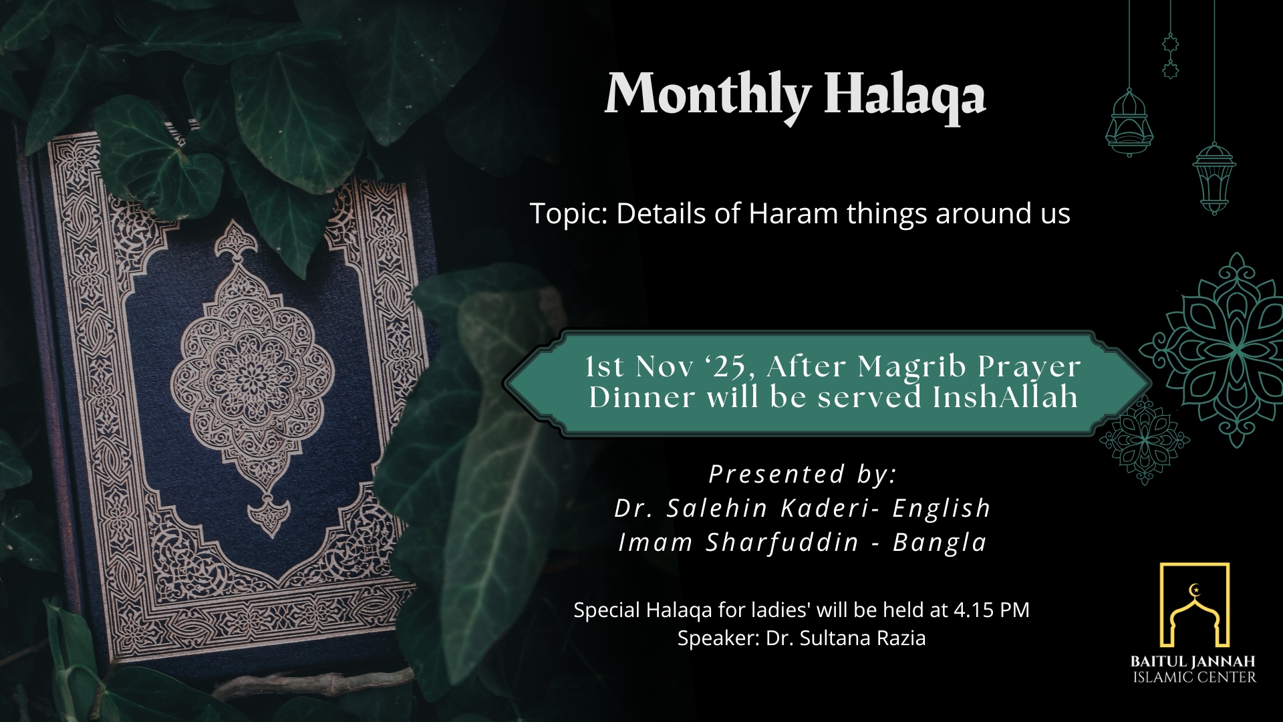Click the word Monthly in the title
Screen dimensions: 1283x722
[x=708, y=96]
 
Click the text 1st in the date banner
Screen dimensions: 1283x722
[x=605, y=366]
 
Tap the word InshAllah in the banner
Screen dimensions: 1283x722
[x=1006, y=397]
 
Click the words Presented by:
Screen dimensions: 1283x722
[x=803, y=474]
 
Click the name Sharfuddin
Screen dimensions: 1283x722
[x=782, y=542]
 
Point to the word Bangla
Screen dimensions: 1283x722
[x=940, y=543]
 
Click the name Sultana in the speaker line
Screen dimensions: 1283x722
[x=829, y=638]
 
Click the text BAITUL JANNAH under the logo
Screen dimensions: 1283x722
[x=1193, y=662]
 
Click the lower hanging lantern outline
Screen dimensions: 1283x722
[x=1214, y=177]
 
